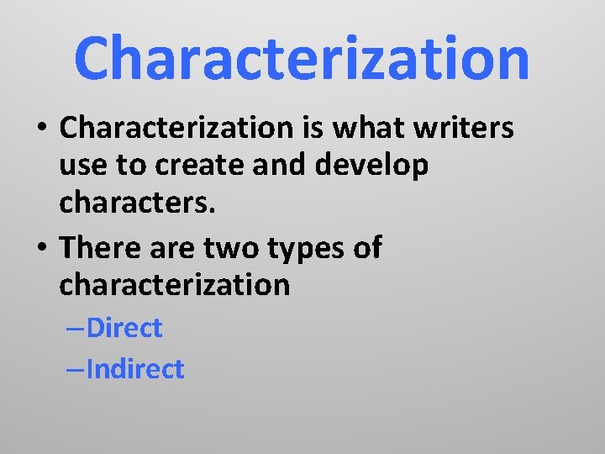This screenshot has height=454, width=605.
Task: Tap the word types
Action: click(x=315, y=249)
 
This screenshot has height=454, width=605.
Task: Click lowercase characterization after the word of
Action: click(x=174, y=284)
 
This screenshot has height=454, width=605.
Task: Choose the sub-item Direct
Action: click(x=124, y=328)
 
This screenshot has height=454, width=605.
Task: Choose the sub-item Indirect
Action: click(x=134, y=368)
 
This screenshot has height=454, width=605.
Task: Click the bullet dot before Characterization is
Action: click(x=41, y=129)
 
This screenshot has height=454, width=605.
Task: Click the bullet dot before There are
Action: click(x=41, y=249)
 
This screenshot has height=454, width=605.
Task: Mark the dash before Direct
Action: click(x=74, y=329)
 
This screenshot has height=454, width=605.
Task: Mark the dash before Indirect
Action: click(x=74, y=369)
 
